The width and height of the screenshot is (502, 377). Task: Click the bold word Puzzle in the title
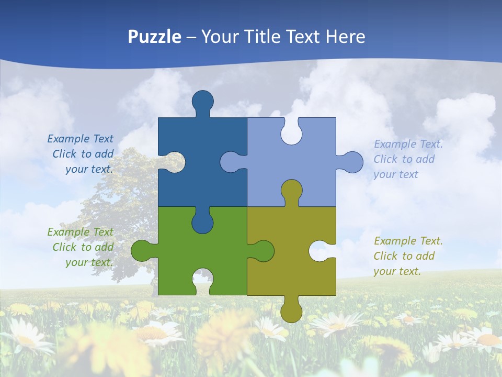point(155,37)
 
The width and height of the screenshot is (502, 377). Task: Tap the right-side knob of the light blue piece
point(352,162)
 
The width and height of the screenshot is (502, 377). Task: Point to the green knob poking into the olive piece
point(263,251)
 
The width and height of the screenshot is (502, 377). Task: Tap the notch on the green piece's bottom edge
point(203,280)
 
